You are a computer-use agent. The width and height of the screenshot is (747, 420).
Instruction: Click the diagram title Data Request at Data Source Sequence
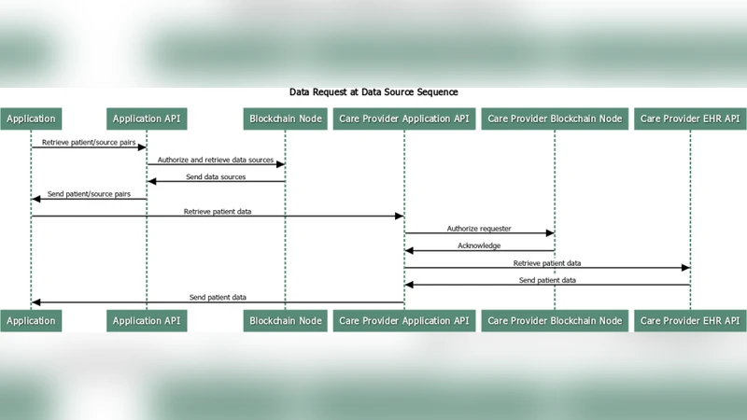pos(373,92)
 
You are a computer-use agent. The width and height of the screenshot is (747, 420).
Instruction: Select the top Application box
pos(31,119)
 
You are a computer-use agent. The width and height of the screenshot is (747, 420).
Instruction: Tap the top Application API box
pos(147,119)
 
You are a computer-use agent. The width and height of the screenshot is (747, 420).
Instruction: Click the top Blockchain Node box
pos(285,119)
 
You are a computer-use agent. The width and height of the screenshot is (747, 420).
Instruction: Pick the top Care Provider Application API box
pos(404,119)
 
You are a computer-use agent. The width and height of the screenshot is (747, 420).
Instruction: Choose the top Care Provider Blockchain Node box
pos(555,119)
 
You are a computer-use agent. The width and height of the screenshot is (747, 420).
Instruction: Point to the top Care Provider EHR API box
pos(690,119)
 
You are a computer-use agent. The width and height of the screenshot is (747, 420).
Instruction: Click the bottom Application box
pos(31,320)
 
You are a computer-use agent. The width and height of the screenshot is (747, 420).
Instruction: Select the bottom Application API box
pos(147,320)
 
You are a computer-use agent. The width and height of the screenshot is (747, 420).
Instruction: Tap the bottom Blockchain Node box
pos(285,320)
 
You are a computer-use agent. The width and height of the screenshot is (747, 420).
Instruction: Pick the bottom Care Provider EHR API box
pos(690,320)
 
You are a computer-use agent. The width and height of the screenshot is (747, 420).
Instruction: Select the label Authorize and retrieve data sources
pos(216,160)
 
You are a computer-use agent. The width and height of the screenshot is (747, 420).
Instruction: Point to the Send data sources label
pos(216,176)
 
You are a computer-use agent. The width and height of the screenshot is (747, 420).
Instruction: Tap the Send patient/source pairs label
pos(89,194)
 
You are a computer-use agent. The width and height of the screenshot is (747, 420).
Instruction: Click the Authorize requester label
pos(479,229)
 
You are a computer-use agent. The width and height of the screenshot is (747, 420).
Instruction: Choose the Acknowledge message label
pos(479,245)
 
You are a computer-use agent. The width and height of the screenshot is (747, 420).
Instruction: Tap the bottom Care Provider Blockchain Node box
pos(555,320)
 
